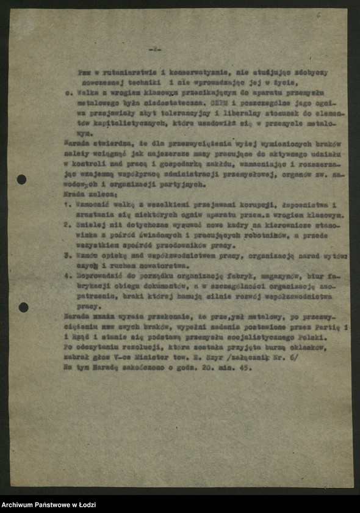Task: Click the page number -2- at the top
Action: pos(156,49)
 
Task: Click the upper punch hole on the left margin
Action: pos(21,180)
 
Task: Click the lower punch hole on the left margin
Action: pos(23,307)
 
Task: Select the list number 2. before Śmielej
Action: pos(67,225)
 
